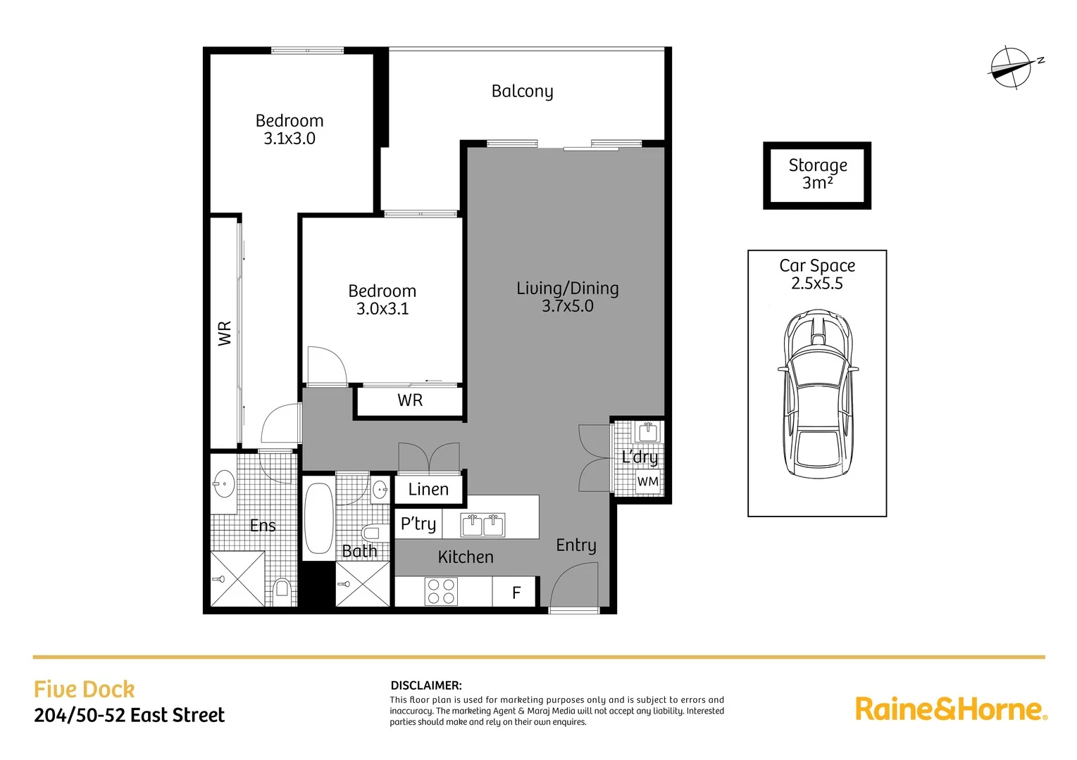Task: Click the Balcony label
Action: [x=522, y=91]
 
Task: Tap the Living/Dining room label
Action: [x=567, y=288]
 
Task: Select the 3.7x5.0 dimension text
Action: [x=567, y=306]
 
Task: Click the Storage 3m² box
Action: [x=817, y=175]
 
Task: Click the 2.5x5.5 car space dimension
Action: [x=816, y=284]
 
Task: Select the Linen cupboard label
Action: [x=428, y=489]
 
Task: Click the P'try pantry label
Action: [x=418, y=524]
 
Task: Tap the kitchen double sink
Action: [x=483, y=525]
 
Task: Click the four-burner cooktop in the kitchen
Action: [x=441, y=592]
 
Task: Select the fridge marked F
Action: [x=516, y=593]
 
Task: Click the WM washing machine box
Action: [x=647, y=482]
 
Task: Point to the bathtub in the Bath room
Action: [x=319, y=519]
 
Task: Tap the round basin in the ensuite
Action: [x=224, y=483]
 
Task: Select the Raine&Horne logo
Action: [x=951, y=709]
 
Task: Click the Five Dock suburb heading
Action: [x=84, y=689]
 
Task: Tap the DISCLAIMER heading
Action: [x=425, y=685]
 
